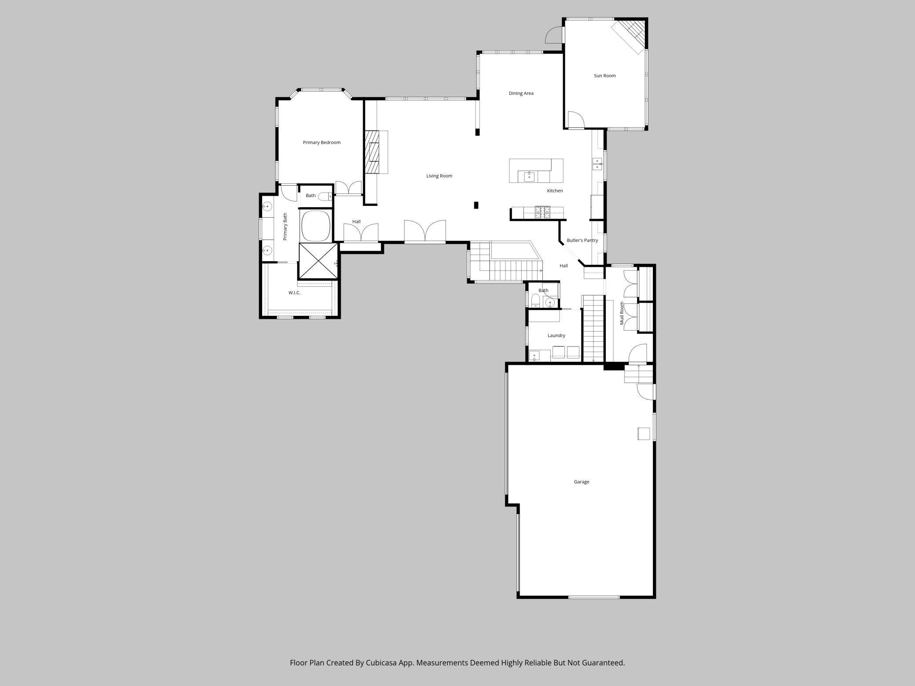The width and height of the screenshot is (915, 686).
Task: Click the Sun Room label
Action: point(604,76)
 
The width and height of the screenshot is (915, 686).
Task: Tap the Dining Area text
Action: point(521,93)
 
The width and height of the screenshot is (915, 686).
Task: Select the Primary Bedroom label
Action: point(322,142)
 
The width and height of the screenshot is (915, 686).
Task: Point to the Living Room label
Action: point(439,176)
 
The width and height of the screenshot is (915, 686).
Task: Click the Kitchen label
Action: point(555,191)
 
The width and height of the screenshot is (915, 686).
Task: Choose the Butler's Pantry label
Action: point(582,241)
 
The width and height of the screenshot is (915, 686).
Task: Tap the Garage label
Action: point(581,482)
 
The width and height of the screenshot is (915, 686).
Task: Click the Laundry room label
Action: point(556,336)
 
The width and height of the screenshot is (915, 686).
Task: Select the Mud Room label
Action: point(622,313)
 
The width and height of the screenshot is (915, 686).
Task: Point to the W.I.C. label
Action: point(294,293)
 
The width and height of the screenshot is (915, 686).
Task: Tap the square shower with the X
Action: point(318,261)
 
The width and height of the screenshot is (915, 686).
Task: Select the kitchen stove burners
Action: point(542,213)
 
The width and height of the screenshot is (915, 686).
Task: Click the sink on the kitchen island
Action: point(529,177)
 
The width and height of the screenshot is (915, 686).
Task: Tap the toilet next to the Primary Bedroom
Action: point(326,196)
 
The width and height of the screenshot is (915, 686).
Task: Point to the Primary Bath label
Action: point(285,226)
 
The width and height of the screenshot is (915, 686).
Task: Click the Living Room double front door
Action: point(425,231)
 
